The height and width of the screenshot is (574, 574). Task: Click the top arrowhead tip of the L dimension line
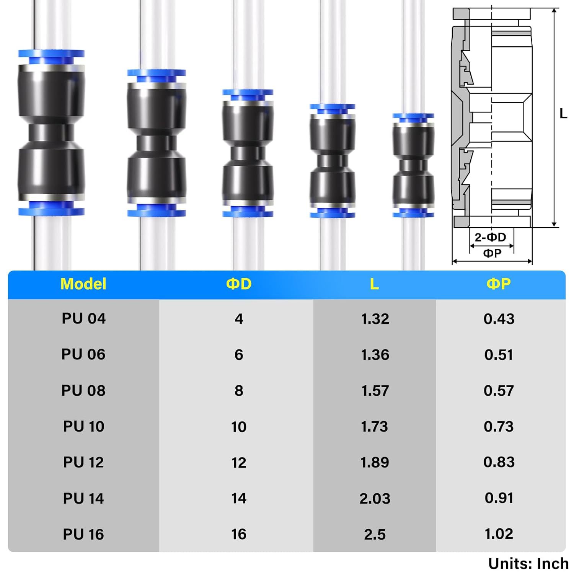(554, 8)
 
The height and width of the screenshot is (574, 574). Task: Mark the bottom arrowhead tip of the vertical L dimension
(554, 227)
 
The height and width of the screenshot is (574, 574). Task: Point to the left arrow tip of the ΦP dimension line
(452, 262)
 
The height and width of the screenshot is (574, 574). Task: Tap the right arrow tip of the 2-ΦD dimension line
(514, 245)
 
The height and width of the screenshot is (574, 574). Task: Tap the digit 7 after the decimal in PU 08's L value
(385, 391)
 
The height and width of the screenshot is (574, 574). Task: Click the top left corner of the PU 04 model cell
(8, 299)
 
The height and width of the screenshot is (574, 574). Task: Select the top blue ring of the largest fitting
(51, 57)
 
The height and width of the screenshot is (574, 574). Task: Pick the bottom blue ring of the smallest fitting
(413, 212)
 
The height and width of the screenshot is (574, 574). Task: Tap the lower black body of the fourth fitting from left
(333, 189)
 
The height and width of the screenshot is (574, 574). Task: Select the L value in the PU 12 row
(375, 463)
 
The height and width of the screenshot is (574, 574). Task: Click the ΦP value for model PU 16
(499, 534)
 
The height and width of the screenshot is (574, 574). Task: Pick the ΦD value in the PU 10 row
(239, 427)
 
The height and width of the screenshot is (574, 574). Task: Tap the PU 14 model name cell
(83, 498)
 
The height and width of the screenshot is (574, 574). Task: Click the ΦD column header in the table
(239, 284)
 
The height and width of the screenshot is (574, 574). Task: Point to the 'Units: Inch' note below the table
(528, 564)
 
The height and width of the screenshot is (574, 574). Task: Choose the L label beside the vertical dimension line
(563, 114)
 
